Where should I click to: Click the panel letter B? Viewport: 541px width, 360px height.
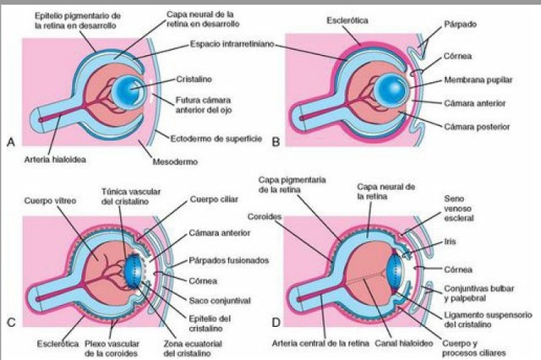tap(276, 144)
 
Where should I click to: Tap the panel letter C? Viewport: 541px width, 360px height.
tap(11, 323)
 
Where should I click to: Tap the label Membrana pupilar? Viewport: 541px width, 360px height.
tap(478, 84)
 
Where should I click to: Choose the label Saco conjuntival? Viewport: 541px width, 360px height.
tap(214, 289)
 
